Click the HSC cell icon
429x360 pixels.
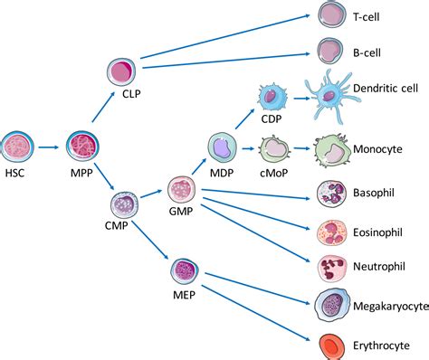click(19, 146)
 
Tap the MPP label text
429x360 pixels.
click(81, 173)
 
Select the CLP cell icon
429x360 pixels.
click(124, 73)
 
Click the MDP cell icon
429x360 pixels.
click(223, 148)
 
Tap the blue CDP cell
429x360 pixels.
click(272, 97)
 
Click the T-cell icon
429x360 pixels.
click(332, 15)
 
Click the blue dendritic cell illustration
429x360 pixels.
click(336, 93)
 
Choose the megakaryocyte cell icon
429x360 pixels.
click(331, 306)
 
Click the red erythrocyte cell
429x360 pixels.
click(331, 345)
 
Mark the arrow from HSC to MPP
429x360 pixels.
click(51, 146)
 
